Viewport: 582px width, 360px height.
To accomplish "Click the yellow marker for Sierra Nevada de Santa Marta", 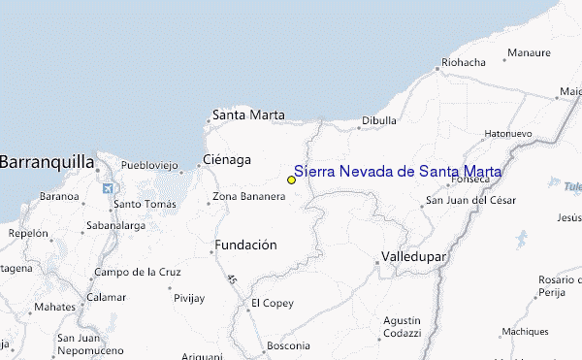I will tap(291, 180).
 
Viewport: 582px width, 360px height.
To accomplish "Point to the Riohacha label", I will tap(463, 62).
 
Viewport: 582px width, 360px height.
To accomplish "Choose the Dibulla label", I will tap(378, 121).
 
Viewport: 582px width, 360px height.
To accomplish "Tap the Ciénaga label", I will tap(226, 159).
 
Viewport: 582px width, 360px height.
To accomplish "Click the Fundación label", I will tap(246, 245).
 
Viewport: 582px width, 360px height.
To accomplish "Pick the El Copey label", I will tap(273, 304).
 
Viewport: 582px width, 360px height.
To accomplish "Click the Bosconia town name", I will tap(288, 345).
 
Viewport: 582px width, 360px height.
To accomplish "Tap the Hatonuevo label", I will tap(508, 133).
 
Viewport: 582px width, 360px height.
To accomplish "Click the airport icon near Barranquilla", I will tap(106, 187).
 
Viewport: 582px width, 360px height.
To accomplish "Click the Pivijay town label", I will tap(189, 298).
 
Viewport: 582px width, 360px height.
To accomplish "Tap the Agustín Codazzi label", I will tap(402, 327).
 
